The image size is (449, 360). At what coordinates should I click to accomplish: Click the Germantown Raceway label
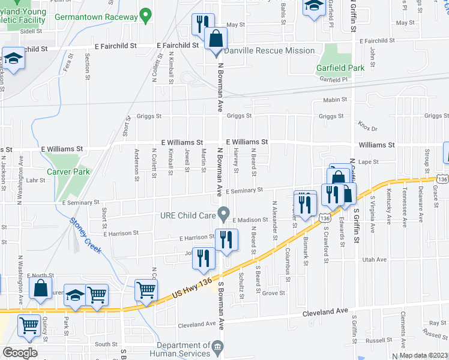(96, 17)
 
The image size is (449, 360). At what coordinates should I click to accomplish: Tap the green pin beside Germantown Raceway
(145, 14)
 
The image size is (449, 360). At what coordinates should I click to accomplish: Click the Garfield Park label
(340, 68)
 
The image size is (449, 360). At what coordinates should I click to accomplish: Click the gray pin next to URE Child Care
(224, 213)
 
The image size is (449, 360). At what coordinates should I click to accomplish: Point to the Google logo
(20, 353)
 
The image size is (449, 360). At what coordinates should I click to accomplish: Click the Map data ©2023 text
(423, 355)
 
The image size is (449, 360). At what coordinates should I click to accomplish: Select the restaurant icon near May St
(201, 24)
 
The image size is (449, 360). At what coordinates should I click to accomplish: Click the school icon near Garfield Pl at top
(313, 8)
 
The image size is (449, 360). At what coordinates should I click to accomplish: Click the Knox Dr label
(367, 127)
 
